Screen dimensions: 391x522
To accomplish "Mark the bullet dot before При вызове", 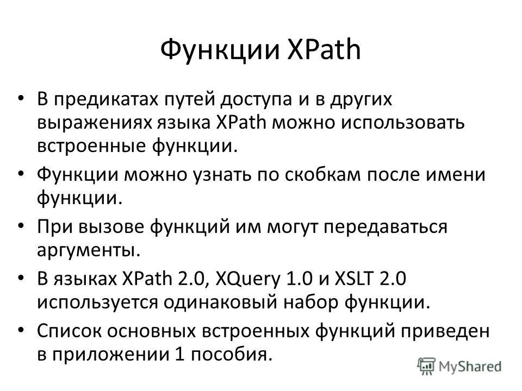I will coord(21,226).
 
